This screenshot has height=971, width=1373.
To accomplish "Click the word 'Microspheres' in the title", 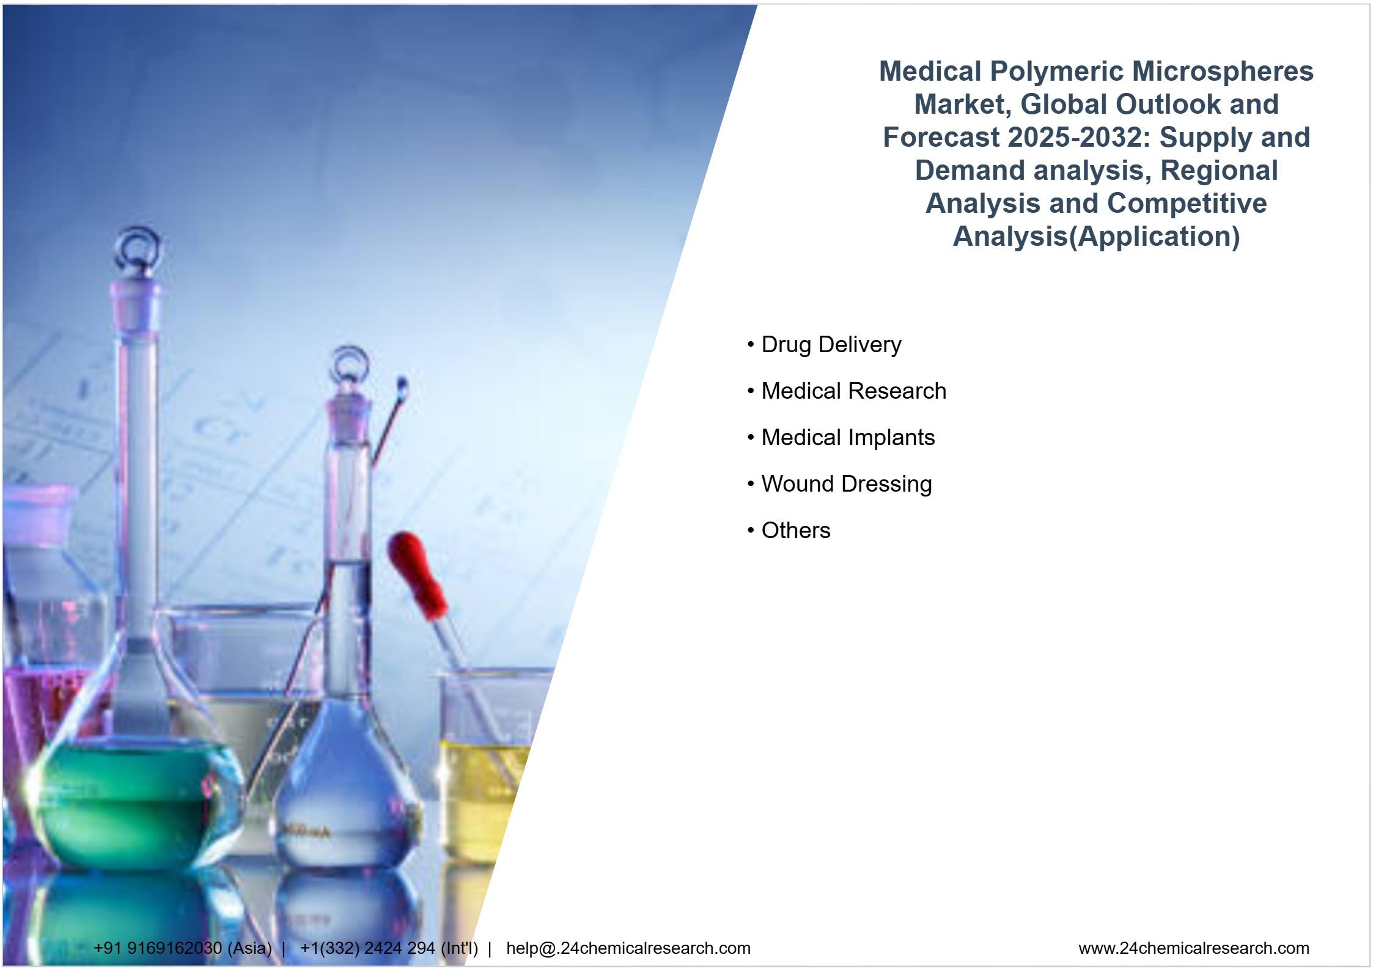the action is [1222, 72].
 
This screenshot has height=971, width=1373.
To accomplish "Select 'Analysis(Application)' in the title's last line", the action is [1096, 237].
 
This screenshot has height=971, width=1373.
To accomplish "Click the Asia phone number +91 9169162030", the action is [158, 948].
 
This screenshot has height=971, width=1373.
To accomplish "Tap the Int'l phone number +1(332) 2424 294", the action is [367, 948].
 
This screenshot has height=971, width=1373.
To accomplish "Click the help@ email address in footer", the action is [628, 948].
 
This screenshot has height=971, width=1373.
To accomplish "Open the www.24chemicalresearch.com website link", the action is [1193, 948].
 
